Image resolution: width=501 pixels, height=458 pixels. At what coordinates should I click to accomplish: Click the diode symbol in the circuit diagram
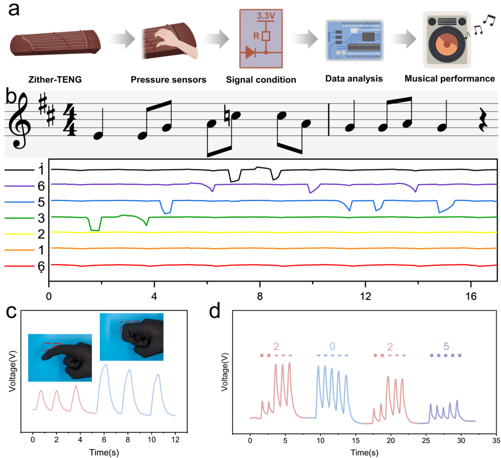click(x=250, y=52)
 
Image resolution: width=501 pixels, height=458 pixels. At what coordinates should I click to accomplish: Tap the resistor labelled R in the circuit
click(x=265, y=36)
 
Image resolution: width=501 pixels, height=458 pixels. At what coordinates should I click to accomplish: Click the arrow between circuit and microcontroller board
click(x=305, y=39)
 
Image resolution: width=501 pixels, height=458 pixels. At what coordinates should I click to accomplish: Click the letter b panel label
click(x=11, y=97)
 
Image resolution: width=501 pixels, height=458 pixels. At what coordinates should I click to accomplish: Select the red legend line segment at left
click(x=19, y=266)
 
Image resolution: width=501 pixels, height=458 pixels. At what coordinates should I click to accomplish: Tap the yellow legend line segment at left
click(x=19, y=234)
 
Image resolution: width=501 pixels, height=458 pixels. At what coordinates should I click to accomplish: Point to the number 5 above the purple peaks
click(x=446, y=346)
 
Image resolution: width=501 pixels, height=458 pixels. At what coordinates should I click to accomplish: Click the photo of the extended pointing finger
click(x=60, y=357)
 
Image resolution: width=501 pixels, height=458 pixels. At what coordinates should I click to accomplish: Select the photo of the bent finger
click(x=131, y=337)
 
